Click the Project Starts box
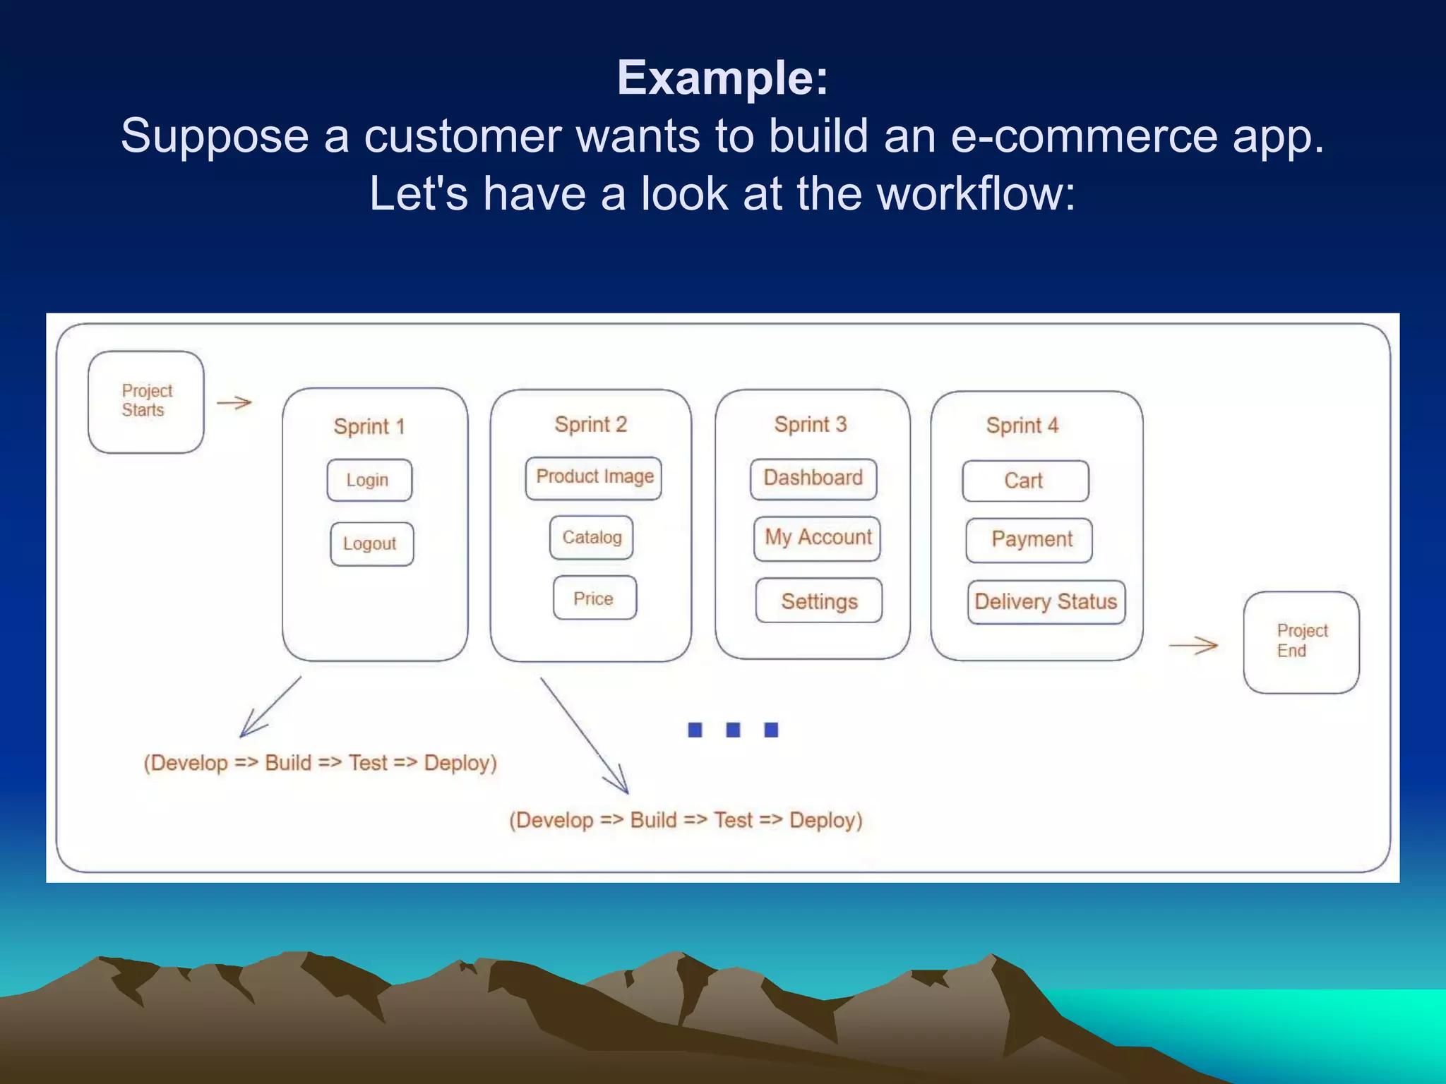[x=146, y=402]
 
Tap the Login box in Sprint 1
[x=369, y=481]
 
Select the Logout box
[x=371, y=544]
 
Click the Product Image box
[x=594, y=478]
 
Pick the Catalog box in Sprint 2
[x=592, y=538]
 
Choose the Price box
[x=594, y=598]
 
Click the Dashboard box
[x=813, y=479]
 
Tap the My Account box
[x=817, y=538]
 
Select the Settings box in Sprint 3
[x=819, y=601]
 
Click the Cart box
[x=1025, y=481]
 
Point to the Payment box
[x=1029, y=541]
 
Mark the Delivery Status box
[x=1046, y=603]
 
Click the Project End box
[x=1301, y=642]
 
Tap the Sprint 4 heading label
[x=1022, y=426]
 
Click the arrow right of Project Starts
[x=234, y=403]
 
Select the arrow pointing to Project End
[x=1193, y=645]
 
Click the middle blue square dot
[x=734, y=730]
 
